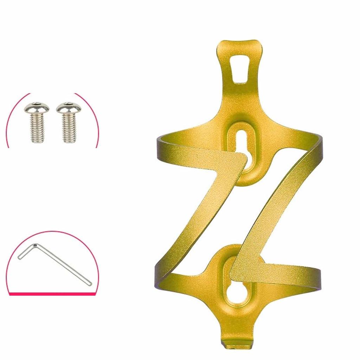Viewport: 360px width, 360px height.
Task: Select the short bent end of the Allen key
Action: (x=26, y=251)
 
